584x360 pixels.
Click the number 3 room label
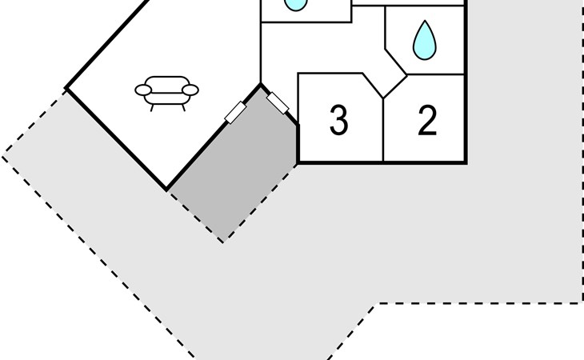pyautogui.click(x=339, y=119)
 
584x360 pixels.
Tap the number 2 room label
pyautogui.click(x=427, y=120)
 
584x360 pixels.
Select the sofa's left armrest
pyautogui.click(x=143, y=90)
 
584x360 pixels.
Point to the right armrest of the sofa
pyautogui.click(x=190, y=90)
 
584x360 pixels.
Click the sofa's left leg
pyautogui.click(x=152, y=108)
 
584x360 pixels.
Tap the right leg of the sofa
pyautogui.click(x=183, y=108)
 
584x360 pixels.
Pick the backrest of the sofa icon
pyautogui.click(x=167, y=85)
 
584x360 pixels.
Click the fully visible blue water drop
pyautogui.click(x=425, y=40)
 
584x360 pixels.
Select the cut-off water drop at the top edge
pyautogui.click(x=296, y=6)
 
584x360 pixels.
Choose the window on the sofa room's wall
pyautogui.click(x=235, y=113)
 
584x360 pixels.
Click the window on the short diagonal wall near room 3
pyautogui.click(x=278, y=103)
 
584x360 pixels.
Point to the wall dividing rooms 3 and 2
pyautogui.click(x=383, y=130)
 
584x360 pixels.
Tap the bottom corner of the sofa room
pyautogui.click(x=167, y=190)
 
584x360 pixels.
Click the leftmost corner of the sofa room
pyautogui.click(x=66, y=89)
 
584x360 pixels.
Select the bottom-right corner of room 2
pyautogui.click(x=466, y=162)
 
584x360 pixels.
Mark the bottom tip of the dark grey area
pyautogui.click(x=222, y=242)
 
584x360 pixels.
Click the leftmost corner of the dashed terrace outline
pyautogui.click(x=3, y=157)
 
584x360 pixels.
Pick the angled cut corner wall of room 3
pyautogui.click(x=373, y=86)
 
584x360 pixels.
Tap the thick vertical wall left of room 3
pyautogui.click(x=298, y=144)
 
